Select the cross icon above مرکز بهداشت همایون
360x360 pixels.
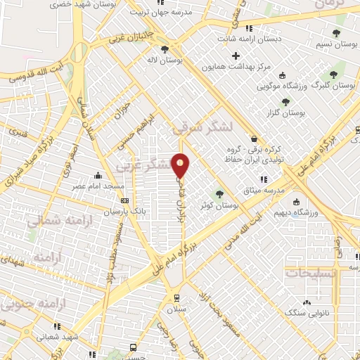tap(236, 56)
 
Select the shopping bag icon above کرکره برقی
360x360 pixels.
tap(252, 139)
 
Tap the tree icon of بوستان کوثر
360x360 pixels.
tap(219, 193)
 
